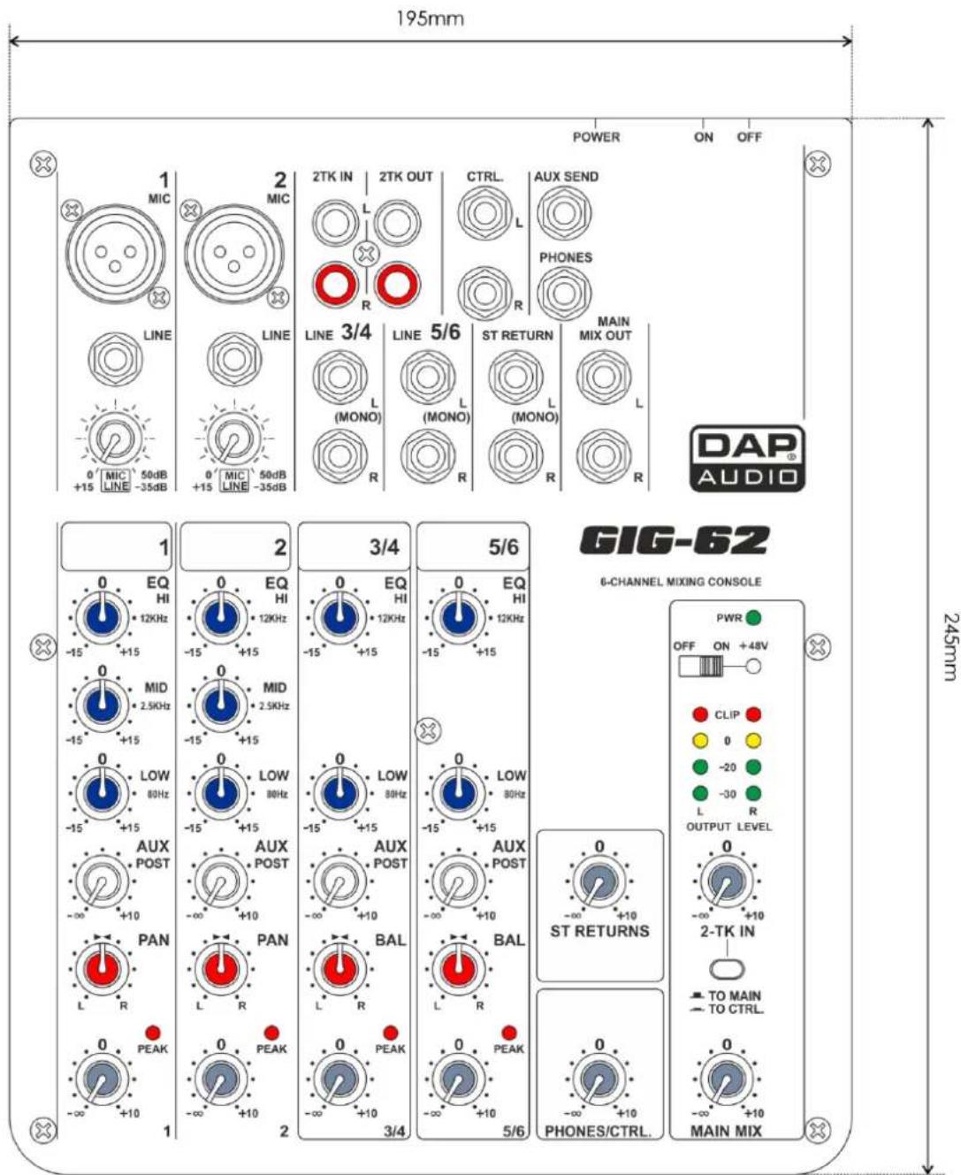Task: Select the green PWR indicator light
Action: click(x=753, y=618)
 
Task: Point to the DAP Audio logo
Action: click(x=747, y=457)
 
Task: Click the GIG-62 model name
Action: click(x=674, y=541)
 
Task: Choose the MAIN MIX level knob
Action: click(x=726, y=1080)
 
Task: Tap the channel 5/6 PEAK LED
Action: click(x=508, y=1033)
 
